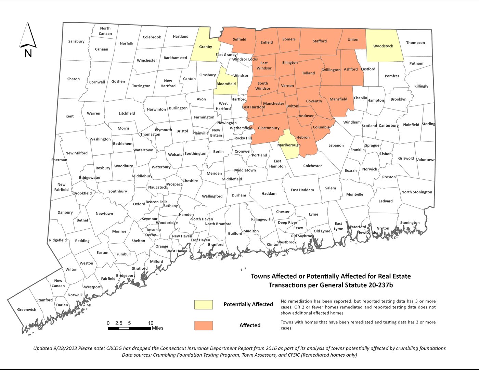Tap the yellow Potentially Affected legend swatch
[203, 304]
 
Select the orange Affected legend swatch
[203, 326]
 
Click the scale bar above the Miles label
[129, 328]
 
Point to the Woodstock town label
[383, 46]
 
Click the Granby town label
[206, 47]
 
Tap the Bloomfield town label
[226, 84]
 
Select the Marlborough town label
[289, 145]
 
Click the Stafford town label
[320, 41]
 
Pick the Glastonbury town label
[269, 128]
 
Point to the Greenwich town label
[27, 310]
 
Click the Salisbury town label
[76, 41]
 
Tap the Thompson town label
[415, 43]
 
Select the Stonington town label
[410, 223]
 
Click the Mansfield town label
[338, 99]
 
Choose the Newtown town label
[104, 214]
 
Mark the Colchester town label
[312, 166]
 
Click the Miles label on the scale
[158, 328]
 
